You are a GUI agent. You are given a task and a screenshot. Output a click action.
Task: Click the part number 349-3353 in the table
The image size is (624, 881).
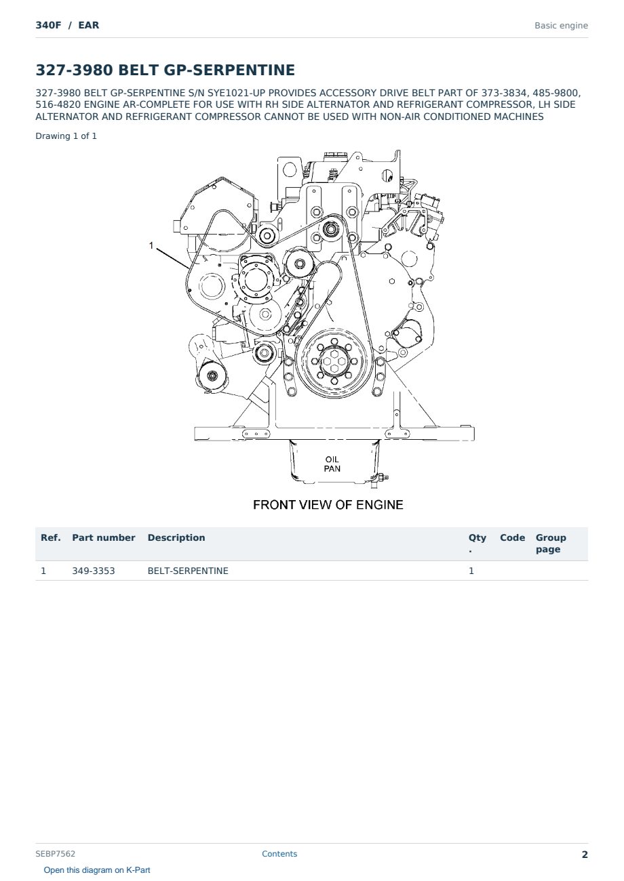tap(94, 571)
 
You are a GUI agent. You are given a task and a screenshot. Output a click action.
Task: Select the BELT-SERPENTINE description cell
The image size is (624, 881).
tap(188, 571)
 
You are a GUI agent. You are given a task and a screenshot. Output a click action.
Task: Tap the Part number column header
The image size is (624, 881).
tap(104, 537)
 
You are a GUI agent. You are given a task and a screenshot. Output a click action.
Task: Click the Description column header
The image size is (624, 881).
tap(176, 537)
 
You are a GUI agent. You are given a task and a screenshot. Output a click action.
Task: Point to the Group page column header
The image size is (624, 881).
tap(551, 544)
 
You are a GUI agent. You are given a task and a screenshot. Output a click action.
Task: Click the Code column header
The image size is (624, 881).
tap(512, 537)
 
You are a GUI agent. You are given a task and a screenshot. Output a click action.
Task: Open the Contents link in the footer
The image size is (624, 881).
tap(279, 854)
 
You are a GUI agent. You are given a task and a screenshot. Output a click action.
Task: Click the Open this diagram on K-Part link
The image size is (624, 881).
tap(97, 870)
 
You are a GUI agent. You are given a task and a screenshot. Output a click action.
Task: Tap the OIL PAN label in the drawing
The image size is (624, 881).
tap(332, 464)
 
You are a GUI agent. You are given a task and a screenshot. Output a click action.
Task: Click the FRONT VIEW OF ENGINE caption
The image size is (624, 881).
tap(328, 505)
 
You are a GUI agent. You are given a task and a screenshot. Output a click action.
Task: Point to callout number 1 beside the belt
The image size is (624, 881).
tap(151, 245)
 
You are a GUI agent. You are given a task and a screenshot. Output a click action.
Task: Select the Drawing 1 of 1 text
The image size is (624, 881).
tap(66, 136)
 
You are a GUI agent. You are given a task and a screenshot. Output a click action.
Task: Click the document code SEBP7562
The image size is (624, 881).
tap(55, 854)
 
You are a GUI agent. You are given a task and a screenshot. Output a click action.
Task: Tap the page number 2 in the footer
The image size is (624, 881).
tap(585, 855)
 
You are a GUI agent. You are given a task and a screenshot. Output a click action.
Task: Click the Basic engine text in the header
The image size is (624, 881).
tap(561, 26)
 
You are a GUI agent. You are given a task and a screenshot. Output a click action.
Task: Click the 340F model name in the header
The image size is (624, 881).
tap(48, 25)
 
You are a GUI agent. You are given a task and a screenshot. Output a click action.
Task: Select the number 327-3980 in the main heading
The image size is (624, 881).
tap(75, 70)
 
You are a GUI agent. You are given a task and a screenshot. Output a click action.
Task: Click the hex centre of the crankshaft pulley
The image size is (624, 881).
tap(334, 361)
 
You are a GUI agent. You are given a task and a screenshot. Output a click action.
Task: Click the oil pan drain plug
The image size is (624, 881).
tap(381, 478)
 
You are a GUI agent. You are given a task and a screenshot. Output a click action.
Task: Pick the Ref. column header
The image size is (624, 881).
tap(51, 537)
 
